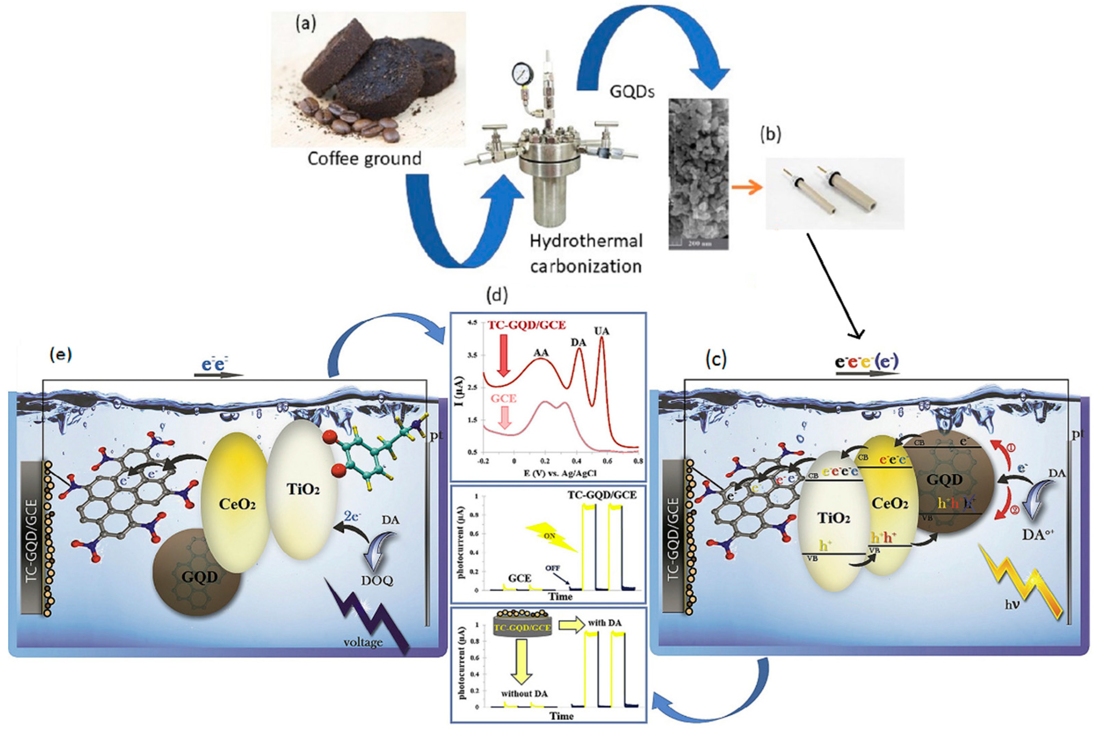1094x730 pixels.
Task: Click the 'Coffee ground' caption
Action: pyautogui.click(x=364, y=159)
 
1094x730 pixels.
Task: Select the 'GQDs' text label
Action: pyautogui.click(x=632, y=92)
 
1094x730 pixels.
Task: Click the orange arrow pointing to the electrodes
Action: pyautogui.click(x=747, y=187)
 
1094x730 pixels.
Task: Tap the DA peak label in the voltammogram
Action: pyautogui.click(x=579, y=342)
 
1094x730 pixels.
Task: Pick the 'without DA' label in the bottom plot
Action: pyautogui.click(x=524, y=694)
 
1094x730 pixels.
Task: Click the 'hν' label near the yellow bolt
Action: pyautogui.click(x=1009, y=619)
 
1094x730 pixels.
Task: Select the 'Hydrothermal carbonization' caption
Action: pyautogui.click(x=586, y=254)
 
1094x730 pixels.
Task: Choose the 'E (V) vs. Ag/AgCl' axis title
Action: pyautogui.click(x=560, y=473)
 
